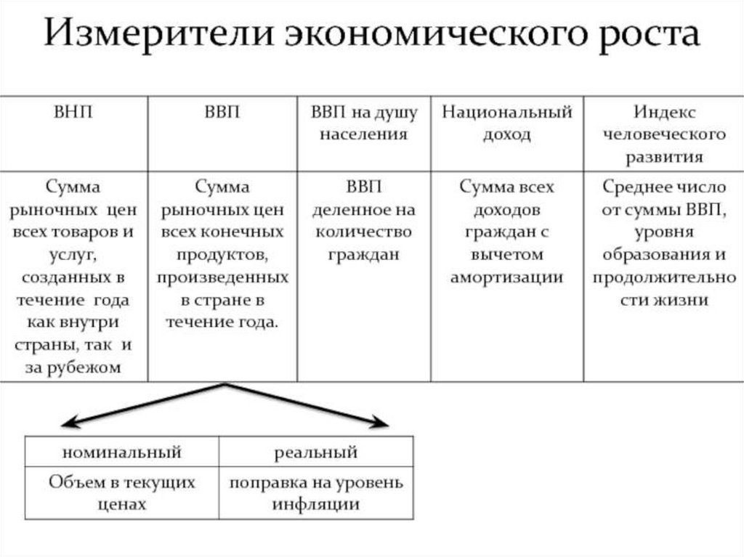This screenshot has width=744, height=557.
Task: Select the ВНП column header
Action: click(x=73, y=113)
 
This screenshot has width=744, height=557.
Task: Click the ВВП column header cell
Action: click(x=222, y=113)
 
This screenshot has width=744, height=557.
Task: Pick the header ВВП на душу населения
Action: click(x=364, y=123)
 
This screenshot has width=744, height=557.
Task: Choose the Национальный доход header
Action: click(x=507, y=123)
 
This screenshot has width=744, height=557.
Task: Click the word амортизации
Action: click(x=507, y=277)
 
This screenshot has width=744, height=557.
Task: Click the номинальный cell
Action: click(x=122, y=452)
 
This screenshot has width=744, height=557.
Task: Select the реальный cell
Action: click(x=316, y=452)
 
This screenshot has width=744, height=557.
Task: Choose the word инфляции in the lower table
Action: click(x=316, y=504)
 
